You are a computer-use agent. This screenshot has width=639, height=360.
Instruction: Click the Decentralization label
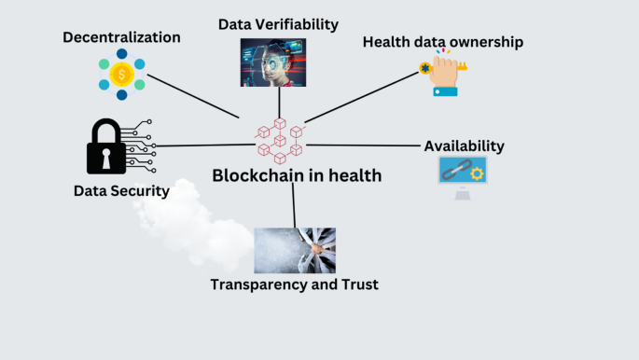pyautogui.click(x=121, y=37)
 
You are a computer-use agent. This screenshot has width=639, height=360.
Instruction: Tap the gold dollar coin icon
pyautogui.click(x=121, y=74)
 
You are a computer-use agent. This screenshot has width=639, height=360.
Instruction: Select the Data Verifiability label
pyautogui.click(x=278, y=24)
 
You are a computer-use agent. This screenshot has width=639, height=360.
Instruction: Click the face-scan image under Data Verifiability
pyautogui.click(x=273, y=62)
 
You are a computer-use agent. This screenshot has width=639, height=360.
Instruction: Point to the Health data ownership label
pyautogui.click(x=442, y=42)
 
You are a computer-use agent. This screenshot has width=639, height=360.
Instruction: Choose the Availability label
pyautogui.click(x=464, y=146)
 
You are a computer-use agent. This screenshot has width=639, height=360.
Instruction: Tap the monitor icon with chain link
pyautogui.click(x=463, y=174)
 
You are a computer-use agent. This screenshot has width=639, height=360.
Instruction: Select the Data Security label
pyautogui.click(x=121, y=191)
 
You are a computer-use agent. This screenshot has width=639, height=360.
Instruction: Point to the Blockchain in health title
pyautogui.click(x=297, y=175)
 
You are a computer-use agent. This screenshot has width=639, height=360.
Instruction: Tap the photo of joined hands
pyautogui.click(x=295, y=250)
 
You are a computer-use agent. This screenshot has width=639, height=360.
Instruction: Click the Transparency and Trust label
pyautogui.click(x=294, y=284)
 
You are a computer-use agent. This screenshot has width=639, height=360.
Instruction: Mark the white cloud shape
pyautogui.click(x=187, y=224)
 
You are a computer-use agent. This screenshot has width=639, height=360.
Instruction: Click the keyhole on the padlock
pyautogui.click(x=106, y=159)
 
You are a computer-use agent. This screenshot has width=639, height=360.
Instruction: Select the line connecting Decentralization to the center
pyautogui.click(x=193, y=96)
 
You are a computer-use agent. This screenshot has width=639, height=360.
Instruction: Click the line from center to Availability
pyautogui.click(x=364, y=145)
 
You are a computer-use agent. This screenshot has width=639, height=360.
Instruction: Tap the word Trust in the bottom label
pyautogui.click(x=357, y=284)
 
